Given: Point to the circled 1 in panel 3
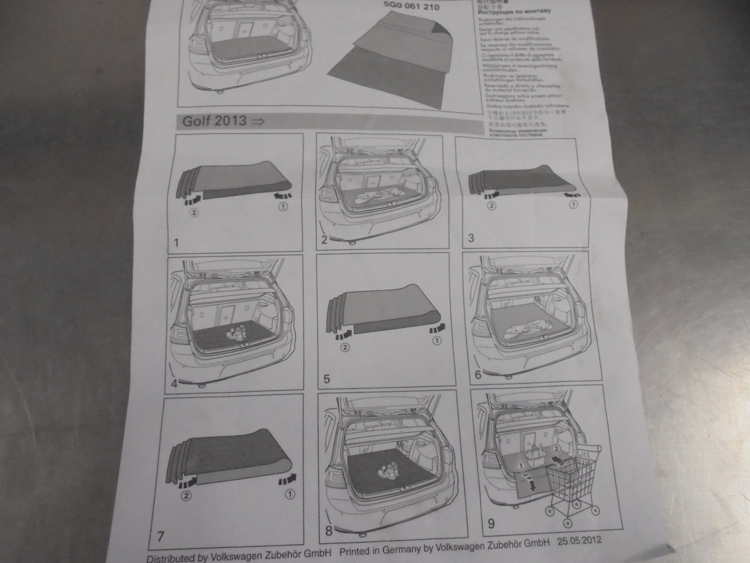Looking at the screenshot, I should pyautogui.click(x=574, y=205).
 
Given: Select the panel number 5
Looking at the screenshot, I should pyautogui.click(x=326, y=379).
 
